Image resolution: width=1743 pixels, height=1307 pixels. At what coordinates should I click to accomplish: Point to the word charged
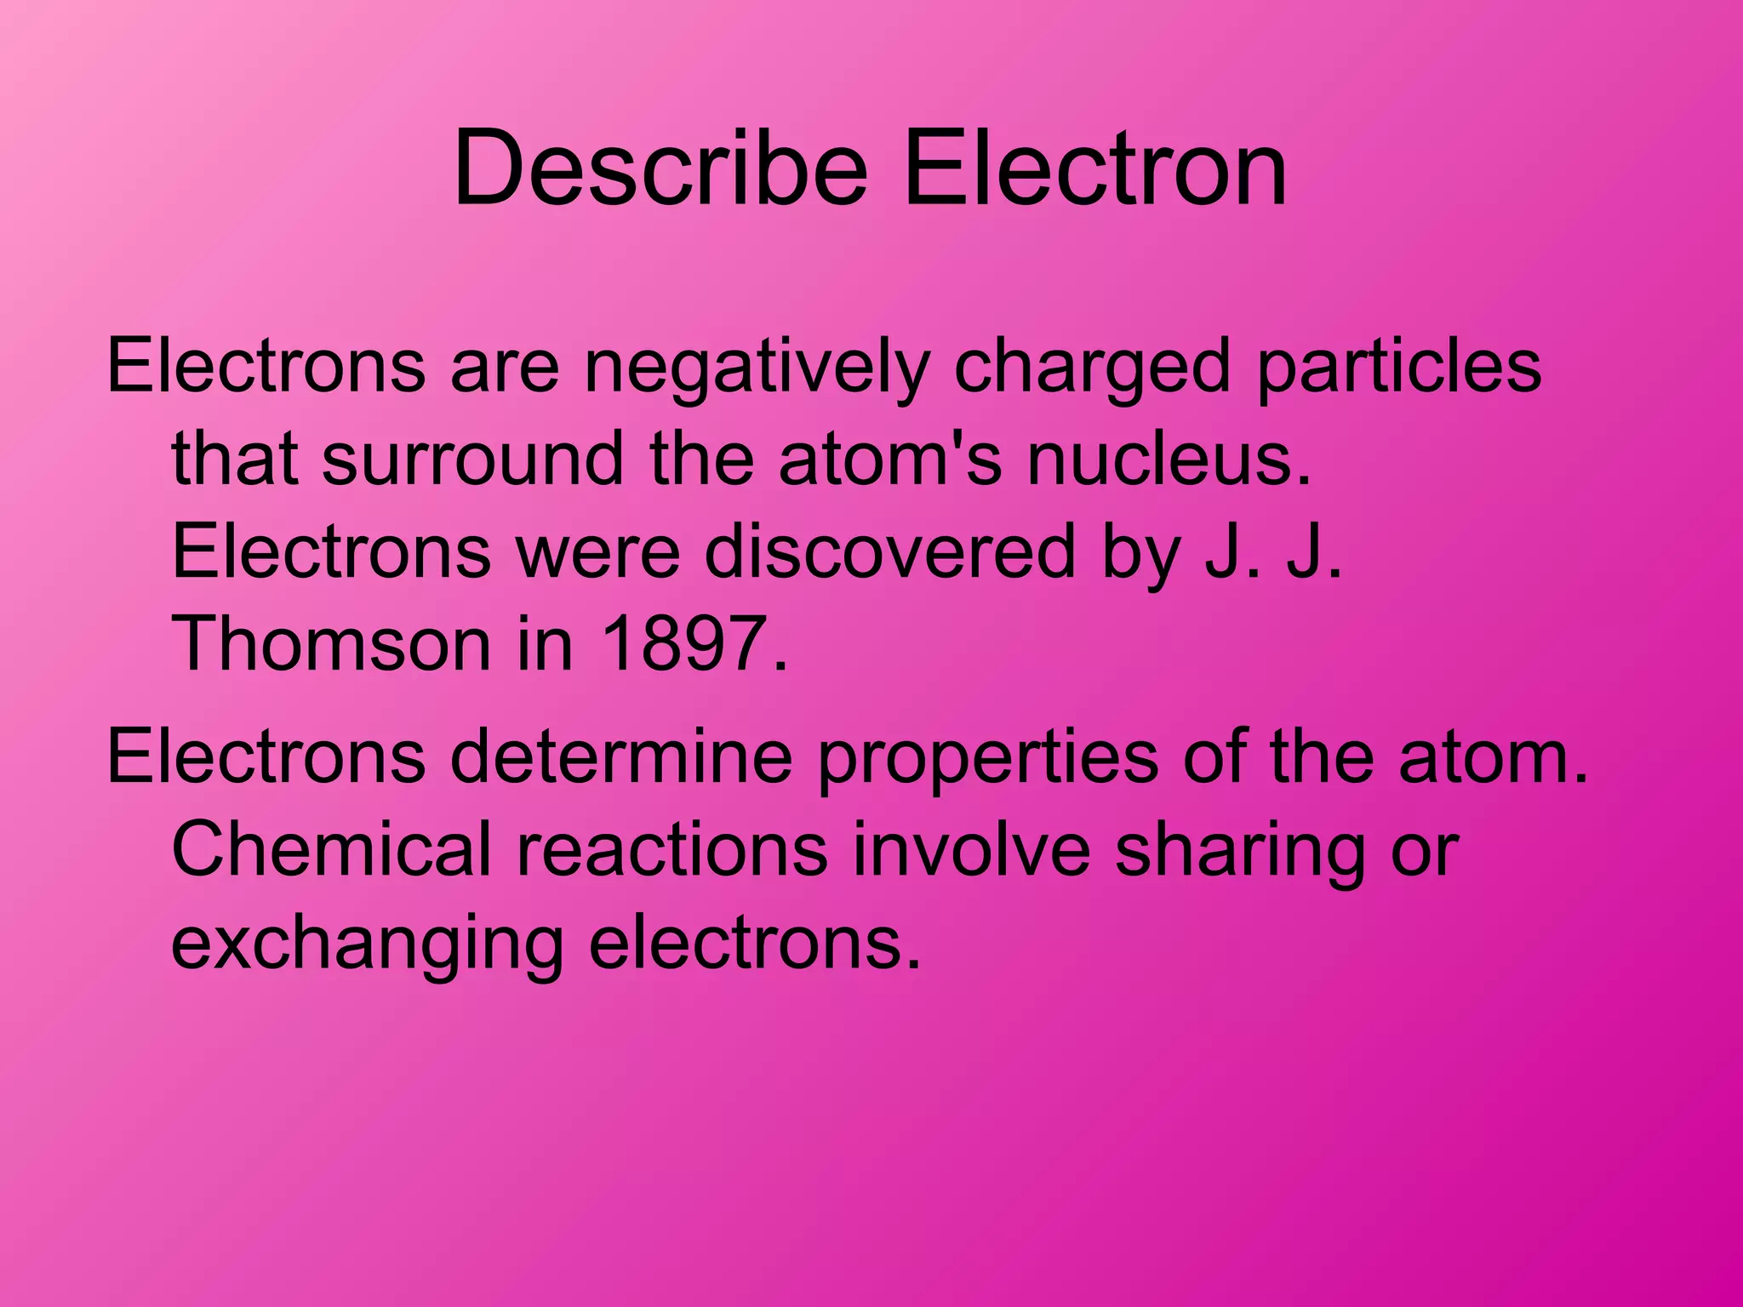[x=1092, y=368]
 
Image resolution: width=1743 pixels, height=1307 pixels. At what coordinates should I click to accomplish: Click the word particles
[x=1398, y=368]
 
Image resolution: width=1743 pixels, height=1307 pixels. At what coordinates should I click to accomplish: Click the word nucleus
[x=1169, y=459]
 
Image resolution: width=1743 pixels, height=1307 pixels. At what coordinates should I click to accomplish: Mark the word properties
[x=987, y=757]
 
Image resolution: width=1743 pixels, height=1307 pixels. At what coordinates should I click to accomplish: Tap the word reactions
[x=671, y=849]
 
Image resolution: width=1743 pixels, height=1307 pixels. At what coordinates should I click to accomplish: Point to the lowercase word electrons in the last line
[x=754, y=943]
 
